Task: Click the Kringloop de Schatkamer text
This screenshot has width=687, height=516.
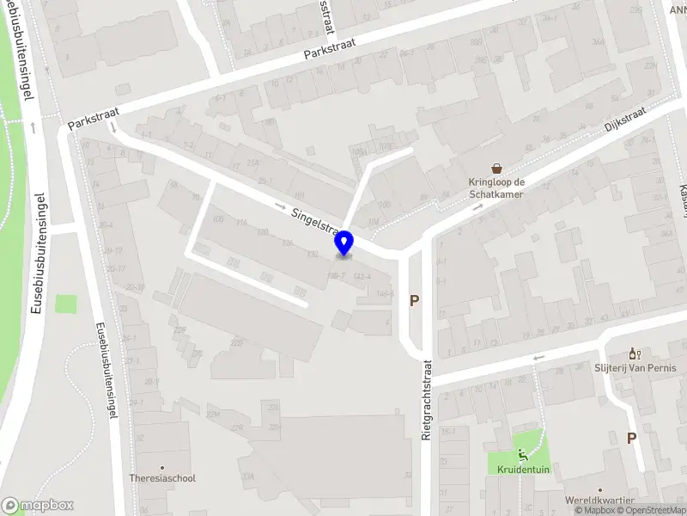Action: coord(496,187)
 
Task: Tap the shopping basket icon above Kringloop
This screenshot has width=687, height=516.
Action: coord(496,169)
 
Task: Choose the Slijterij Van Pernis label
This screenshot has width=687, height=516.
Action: coord(635,368)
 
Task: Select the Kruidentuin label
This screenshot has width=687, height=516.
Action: coord(521,470)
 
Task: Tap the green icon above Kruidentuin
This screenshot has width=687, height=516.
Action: coord(521,455)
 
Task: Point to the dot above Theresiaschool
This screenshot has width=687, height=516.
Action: coord(161,466)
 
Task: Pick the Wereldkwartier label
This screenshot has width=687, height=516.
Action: coord(599,501)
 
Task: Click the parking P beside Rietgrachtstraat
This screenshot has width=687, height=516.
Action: coord(414,301)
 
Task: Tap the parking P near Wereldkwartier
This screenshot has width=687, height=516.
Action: coord(631,438)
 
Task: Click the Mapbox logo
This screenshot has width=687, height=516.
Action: coord(38,506)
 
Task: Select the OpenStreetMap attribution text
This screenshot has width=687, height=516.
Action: coord(648,510)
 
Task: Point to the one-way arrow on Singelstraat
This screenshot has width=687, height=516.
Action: coord(281,206)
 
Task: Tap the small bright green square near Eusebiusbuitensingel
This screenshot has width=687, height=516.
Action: coord(66,304)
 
